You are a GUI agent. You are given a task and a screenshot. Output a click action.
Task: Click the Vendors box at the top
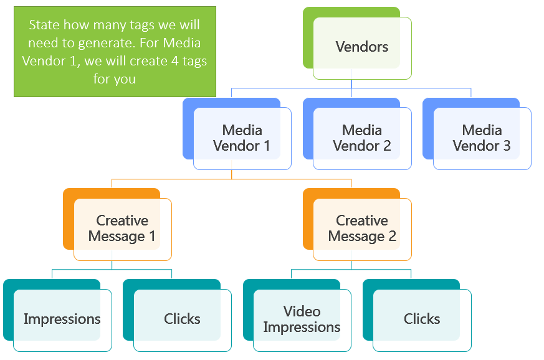pos(357,44)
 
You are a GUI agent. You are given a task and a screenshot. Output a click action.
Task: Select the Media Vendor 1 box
pos(237,134)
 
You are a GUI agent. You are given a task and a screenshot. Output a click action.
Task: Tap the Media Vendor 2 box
pos(357,134)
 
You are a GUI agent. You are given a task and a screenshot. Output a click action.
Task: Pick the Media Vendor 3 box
pos(477,134)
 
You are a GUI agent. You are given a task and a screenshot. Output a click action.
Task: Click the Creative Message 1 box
pos(117,224)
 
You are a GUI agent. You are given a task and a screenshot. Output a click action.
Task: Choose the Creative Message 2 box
pos(357,224)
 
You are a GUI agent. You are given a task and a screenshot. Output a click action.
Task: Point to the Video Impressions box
pos(297,315)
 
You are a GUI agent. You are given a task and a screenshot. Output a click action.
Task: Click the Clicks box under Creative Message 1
pos(178,315)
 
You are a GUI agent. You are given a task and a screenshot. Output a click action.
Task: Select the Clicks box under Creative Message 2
pos(417,315)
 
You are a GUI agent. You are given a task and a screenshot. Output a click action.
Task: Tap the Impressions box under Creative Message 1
pos(57,315)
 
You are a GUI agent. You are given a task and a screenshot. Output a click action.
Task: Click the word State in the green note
pos(44,25)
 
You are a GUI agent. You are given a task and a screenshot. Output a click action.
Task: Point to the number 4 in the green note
pos(175,61)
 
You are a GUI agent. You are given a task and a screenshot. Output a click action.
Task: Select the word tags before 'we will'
pos(142,26)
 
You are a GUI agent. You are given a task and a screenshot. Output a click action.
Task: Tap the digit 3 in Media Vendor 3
pos(507,146)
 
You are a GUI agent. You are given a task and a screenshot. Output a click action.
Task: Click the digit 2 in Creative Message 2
pos(392,236)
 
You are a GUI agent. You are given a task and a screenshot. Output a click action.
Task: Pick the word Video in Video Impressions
pos(302,311)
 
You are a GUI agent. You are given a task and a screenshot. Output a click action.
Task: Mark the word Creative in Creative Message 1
pos(122,220)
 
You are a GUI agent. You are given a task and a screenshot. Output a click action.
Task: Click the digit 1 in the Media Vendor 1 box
pos(267,146)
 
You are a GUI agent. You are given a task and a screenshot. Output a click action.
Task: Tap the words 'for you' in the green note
pos(115,79)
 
